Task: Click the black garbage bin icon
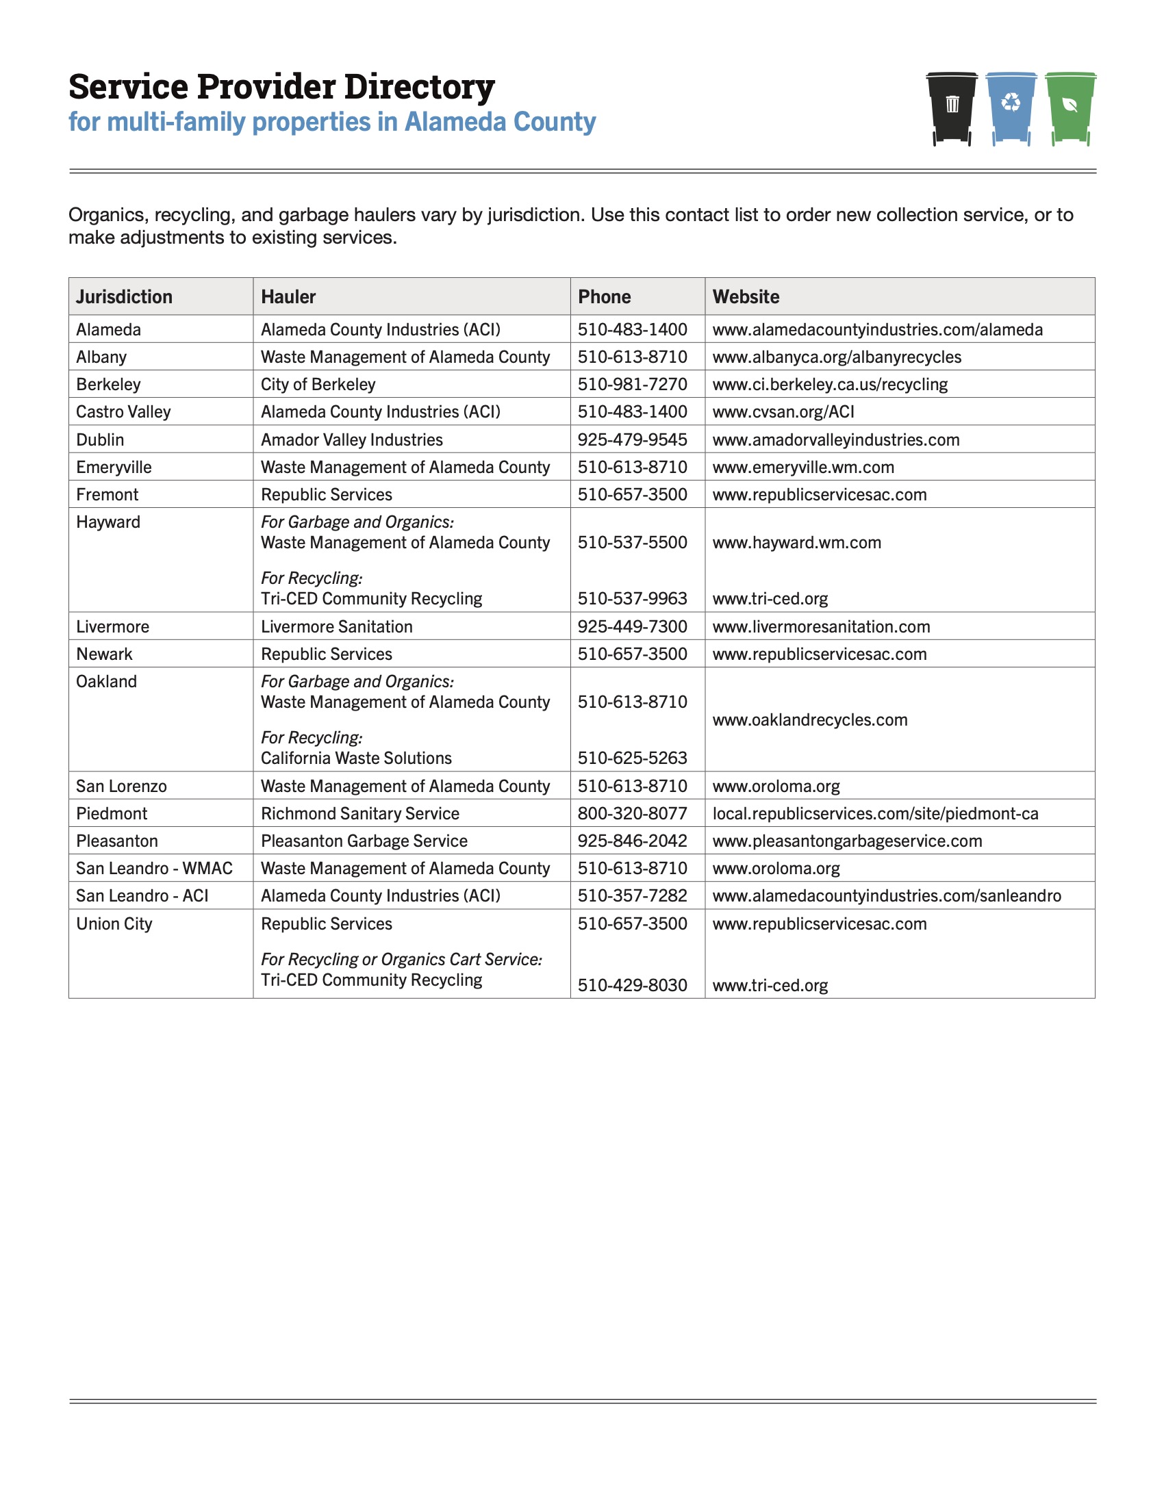(x=952, y=107)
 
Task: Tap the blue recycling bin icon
(x=1011, y=107)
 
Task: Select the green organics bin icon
(x=1070, y=107)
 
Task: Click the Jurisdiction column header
(x=124, y=297)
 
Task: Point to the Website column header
(x=746, y=297)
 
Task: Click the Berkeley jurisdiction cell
(x=108, y=384)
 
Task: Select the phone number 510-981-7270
(x=633, y=384)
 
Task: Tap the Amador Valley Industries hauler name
(x=352, y=440)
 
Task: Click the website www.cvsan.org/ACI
(x=783, y=411)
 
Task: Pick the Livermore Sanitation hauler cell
(x=336, y=627)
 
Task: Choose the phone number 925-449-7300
(x=633, y=627)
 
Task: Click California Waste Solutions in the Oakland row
(x=356, y=758)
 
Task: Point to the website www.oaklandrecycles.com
(x=809, y=720)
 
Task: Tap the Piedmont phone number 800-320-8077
(x=633, y=814)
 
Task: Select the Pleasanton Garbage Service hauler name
(x=364, y=841)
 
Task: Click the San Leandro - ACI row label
(x=142, y=896)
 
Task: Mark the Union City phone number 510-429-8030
(x=633, y=985)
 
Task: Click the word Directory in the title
(x=418, y=87)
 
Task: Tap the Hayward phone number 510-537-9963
(x=633, y=598)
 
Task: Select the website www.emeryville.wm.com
(x=803, y=468)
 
